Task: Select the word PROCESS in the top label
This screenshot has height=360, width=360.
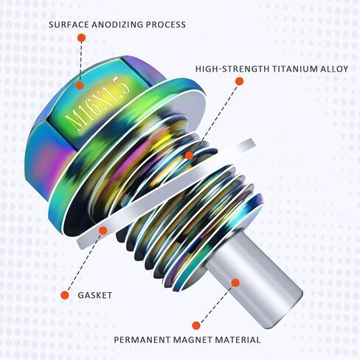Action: (166, 25)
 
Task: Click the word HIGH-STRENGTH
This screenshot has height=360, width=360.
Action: (232, 69)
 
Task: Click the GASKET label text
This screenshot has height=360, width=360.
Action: (95, 295)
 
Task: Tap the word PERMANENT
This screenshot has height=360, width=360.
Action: (142, 340)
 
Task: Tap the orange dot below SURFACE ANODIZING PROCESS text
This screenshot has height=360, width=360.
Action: (81, 38)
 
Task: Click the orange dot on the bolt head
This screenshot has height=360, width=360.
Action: (80, 85)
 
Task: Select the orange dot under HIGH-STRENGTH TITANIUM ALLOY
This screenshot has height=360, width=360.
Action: (239, 81)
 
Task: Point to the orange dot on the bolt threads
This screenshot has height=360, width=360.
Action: (189, 156)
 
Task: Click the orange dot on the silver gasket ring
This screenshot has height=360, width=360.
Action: (103, 230)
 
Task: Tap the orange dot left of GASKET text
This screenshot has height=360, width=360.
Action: (65, 295)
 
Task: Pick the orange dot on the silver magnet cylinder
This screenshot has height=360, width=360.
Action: (235, 283)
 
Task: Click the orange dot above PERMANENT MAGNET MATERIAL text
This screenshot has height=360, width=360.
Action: (196, 325)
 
